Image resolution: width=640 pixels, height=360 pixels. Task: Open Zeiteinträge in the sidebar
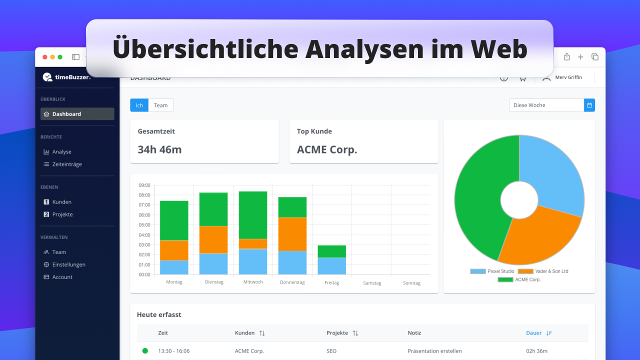(x=66, y=164)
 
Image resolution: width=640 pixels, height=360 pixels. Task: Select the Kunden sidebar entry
(x=61, y=202)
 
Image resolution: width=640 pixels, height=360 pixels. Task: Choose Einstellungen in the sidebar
(x=68, y=264)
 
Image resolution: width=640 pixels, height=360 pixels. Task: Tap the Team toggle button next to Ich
(x=160, y=105)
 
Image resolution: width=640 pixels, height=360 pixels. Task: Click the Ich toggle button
(x=139, y=105)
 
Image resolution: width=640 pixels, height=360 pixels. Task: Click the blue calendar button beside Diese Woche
(x=589, y=105)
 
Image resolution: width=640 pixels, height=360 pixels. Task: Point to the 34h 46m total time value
(x=159, y=149)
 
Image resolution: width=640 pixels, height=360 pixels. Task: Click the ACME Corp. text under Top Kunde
(x=327, y=149)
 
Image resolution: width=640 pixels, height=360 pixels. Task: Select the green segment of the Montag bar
(x=174, y=220)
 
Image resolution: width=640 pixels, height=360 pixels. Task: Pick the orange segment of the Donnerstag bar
(x=292, y=234)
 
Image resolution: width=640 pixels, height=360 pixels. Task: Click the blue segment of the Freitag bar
(x=332, y=266)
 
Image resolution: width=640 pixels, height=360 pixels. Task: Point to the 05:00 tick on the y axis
(x=144, y=225)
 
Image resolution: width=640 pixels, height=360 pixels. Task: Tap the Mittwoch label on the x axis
(x=253, y=282)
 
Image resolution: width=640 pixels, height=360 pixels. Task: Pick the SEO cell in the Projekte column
(x=331, y=351)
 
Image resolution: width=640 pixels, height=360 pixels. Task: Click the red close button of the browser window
(x=45, y=57)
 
